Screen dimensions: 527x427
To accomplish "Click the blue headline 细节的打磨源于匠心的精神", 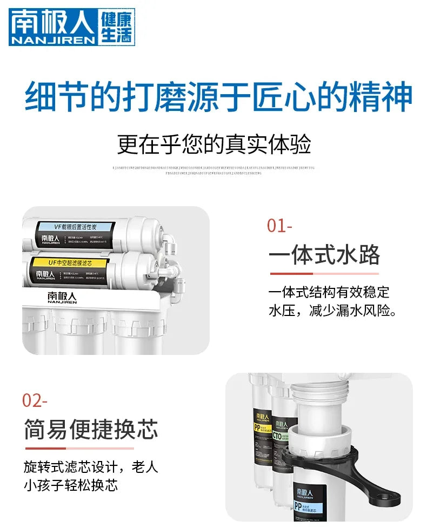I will [218, 97].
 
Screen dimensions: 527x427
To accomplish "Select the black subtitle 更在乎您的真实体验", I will [214, 145].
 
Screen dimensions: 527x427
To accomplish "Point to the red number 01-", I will [279, 226].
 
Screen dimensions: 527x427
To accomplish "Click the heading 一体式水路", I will [324, 255].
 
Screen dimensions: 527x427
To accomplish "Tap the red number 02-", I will [35, 401].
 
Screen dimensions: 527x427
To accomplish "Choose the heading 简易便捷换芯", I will [91, 430].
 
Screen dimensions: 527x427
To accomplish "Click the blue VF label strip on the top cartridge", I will [76, 227].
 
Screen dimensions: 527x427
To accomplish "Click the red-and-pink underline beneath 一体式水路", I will [323, 274].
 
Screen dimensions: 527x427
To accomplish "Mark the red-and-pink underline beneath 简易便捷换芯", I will [79, 448].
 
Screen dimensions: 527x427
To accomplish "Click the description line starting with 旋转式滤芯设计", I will [91, 466].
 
